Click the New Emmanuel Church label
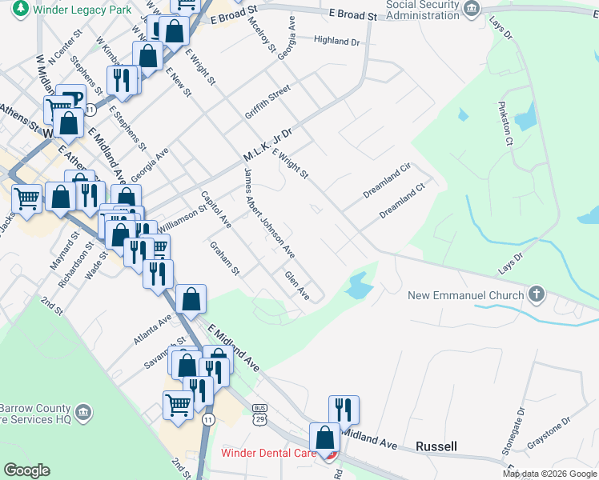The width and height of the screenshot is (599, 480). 464,295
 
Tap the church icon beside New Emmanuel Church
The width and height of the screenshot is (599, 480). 537,294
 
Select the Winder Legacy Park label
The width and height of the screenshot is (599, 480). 66,10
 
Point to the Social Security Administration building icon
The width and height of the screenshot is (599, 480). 472,9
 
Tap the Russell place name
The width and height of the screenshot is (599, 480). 436,446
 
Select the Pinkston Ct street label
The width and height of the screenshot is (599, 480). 505,122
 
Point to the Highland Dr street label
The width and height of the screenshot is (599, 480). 337,40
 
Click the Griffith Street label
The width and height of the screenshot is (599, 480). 267,103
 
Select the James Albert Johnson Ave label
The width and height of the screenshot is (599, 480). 269,214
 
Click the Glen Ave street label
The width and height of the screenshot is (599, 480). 297,286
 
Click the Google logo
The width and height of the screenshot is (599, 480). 27,470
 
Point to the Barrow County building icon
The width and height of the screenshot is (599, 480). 83,413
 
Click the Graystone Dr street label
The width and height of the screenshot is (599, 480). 549,433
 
